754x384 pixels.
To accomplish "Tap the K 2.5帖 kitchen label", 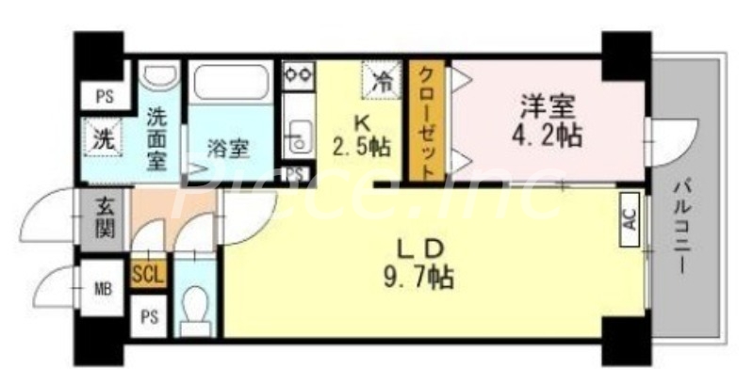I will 361,134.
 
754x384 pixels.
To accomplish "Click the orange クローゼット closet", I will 426,121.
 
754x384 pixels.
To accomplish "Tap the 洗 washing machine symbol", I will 101,137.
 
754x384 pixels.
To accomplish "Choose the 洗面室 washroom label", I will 157,136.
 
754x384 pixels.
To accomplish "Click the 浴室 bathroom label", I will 227,149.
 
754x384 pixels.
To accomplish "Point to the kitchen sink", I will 299,136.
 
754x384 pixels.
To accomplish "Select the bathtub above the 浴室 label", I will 230,89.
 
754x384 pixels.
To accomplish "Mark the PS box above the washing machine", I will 101,94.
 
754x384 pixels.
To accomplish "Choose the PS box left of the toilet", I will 149,316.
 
